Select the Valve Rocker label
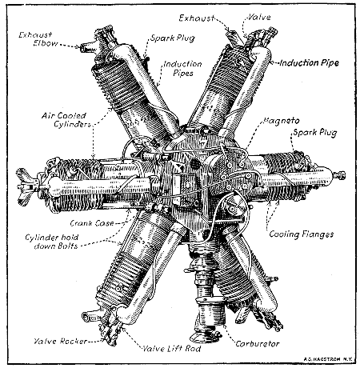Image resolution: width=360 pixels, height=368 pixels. [53, 341]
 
